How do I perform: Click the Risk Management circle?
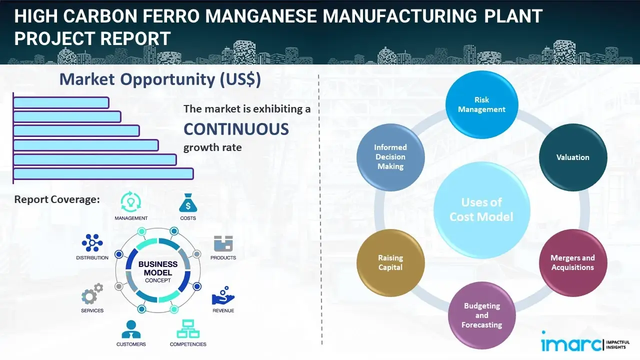[x=481, y=105]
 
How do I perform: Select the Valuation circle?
[x=572, y=157]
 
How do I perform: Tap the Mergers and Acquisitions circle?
[x=572, y=262]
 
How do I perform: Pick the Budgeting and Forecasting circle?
[x=481, y=315]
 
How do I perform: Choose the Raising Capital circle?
[x=390, y=262]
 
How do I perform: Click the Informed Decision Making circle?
[x=390, y=157]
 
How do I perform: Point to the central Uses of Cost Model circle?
[x=481, y=209]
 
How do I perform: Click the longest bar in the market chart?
[x=103, y=173]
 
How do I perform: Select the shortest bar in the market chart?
[x=61, y=102]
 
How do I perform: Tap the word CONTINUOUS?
[x=236, y=129]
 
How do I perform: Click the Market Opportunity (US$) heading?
[x=160, y=79]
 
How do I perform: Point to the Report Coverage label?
[x=57, y=199]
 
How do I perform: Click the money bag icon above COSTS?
[x=188, y=203]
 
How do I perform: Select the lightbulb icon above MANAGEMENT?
[x=131, y=201]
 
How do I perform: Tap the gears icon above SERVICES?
[x=92, y=295]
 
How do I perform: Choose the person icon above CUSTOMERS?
[x=131, y=329]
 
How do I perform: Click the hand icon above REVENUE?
[x=223, y=296]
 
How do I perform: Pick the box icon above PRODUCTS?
[x=223, y=243]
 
